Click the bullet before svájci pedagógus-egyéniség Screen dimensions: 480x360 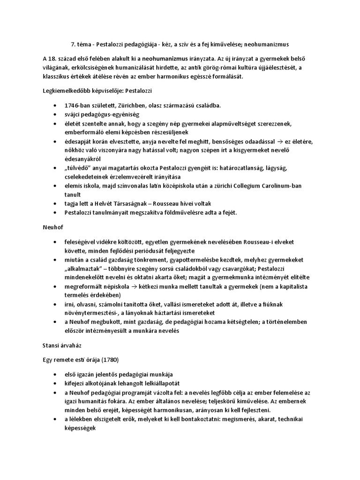57,114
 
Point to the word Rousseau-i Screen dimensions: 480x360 268,242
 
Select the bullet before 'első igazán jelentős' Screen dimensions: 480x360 57,375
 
